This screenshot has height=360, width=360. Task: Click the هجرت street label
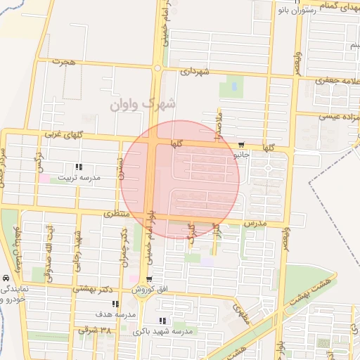click(x=67, y=62)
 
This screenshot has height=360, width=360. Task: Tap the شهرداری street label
click(x=195, y=72)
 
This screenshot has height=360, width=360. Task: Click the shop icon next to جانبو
click(x=242, y=140)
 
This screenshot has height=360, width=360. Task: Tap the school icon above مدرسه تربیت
click(x=79, y=167)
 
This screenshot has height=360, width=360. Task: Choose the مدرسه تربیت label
click(x=79, y=178)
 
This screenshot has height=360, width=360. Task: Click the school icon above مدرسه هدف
click(x=115, y=304)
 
